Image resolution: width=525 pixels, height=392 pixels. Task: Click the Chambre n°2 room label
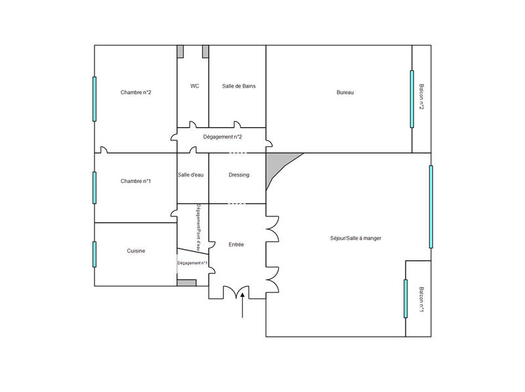(136, 92)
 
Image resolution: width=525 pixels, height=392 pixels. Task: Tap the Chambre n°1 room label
(136, 181)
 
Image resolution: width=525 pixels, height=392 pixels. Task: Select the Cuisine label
(136, 251)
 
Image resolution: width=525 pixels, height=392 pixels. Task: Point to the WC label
(195, 86)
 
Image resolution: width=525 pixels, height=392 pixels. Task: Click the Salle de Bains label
(238, 86)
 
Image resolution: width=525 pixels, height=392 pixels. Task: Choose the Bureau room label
(345, 92)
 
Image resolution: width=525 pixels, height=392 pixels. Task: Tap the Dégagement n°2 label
(223, 136)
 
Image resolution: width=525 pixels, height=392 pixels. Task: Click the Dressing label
(239, 175)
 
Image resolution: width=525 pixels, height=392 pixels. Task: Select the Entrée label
(236, 245)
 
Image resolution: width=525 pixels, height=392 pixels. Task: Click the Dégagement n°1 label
(192, 263)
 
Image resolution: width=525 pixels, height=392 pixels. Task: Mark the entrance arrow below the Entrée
(243, 306)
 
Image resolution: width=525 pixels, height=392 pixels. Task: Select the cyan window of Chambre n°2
(94, 99)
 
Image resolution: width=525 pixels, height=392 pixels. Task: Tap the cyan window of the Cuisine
(94, 254)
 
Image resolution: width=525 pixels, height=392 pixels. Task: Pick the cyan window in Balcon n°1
(406, 298)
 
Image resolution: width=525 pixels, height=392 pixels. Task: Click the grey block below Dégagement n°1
(186, 283)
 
